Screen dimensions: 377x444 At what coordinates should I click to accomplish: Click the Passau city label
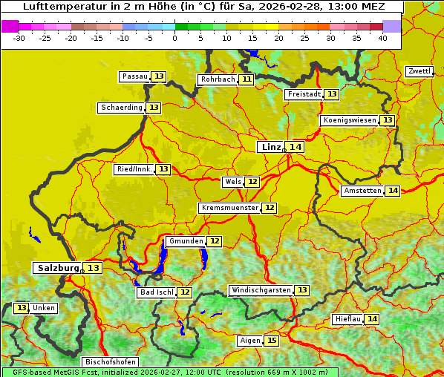click(134, 76)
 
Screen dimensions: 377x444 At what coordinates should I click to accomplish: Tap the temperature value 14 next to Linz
click(296, 147)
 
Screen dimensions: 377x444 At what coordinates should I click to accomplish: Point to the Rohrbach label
click(218, 79)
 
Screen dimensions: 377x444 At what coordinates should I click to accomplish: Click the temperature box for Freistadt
click(331, 94)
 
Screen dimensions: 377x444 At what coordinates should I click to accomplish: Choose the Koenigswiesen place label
click(350, 120)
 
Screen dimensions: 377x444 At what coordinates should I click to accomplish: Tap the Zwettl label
click(419, 71)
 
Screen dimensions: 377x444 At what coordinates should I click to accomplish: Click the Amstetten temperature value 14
click(393, 191)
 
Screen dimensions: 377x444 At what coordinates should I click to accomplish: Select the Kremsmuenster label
click(229, 208)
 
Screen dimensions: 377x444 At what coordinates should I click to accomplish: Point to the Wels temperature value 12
click(252, 182)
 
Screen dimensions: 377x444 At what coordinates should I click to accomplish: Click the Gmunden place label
click(185, 241)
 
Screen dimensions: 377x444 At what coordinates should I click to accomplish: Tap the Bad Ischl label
click(156, 292)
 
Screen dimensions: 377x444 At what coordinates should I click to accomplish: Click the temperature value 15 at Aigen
click(272, 341)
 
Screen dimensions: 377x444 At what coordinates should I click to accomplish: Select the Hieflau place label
click(348, 319)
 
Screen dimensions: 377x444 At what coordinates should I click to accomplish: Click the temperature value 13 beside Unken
click(22, 308)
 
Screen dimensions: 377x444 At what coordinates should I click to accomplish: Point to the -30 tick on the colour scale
click(19, 38)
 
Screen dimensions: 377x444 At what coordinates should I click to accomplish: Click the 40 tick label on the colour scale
click(383, 38)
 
